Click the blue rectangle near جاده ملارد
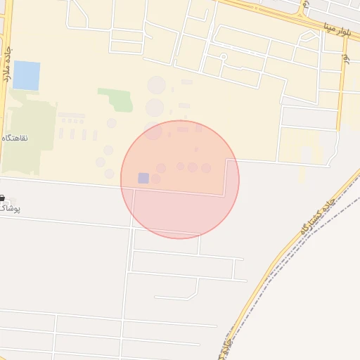(27, 75)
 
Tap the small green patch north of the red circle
(115, 99)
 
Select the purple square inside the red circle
(143, 178)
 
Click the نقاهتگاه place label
(15, 139)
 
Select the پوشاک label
(10, 209)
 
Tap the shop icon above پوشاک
(2, 199)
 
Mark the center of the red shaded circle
(180, 179)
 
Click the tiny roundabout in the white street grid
(222, 56)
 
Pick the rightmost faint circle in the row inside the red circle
(206, 168)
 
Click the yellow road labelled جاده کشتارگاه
(281, 260)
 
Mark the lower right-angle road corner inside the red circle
(224, 195)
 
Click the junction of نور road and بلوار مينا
(343, 34)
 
